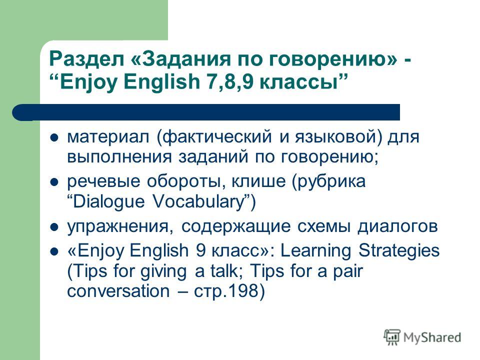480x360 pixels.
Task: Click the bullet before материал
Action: (x=54, y=137)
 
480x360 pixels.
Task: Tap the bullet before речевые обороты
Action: (x=54, y=182)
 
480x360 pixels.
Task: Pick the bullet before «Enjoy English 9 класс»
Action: (x=54, y=251)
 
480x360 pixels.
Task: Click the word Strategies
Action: (x=399, y=250)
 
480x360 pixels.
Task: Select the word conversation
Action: (x=118, y=291)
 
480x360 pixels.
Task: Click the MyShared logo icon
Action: (x=392, y=337)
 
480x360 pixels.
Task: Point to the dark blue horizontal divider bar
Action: (x=206, y=112)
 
